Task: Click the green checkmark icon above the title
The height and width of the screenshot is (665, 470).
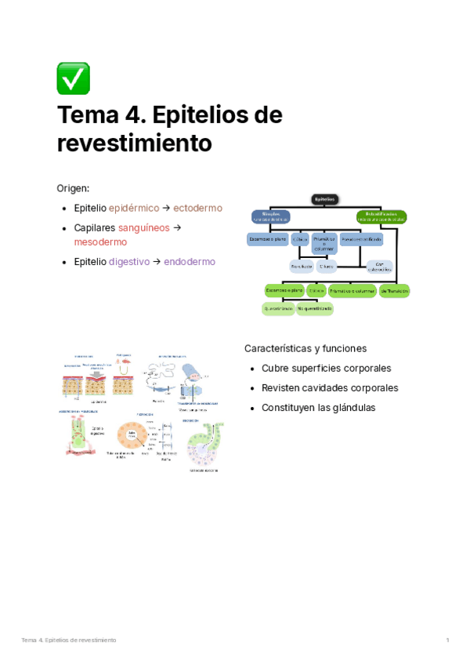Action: tap(73, 78)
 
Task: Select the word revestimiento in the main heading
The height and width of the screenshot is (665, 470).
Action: tap(135, 143)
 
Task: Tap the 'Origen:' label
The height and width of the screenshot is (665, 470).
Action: tap(73, 188)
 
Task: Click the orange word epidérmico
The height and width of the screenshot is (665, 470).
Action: tap(133, 208)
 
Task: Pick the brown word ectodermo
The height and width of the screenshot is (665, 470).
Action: tap(197, 208)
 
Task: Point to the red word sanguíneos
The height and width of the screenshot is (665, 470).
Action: tap(143, 227)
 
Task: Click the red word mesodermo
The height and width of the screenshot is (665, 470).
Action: tap(100, 242)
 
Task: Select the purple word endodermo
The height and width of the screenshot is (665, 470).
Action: tap(190, 261)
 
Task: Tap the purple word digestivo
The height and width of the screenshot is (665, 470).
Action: tap(128, 261)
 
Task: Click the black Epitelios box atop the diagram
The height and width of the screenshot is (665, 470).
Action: tap(325, 199)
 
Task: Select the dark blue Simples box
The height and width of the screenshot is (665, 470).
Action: tap(270, 216)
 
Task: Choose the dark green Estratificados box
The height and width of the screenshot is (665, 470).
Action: tap(381, 216)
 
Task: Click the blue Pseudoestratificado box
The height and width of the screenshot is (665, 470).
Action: tap(361, 238)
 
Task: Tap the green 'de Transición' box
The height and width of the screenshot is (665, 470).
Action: tap(395, 290)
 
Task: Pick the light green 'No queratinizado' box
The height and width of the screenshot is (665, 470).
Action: tap(315, 309)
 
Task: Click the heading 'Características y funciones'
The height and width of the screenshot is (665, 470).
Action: tap(305, 348)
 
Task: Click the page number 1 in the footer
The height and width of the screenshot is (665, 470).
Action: tap(447, 640)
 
